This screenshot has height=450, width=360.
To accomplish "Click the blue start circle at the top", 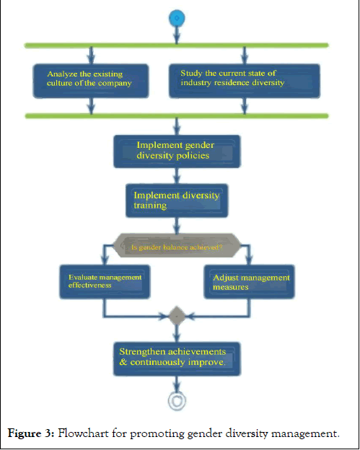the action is pos(177,18).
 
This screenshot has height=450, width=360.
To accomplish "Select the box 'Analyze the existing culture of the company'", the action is pos(91,81).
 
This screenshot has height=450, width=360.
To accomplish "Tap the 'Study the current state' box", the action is pos(245,81).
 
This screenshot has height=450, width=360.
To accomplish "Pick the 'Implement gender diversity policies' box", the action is pos(177,151).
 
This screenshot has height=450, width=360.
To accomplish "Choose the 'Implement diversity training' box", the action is pos(177,200).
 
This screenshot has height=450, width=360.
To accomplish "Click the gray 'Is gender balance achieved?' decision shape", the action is pos(177,245).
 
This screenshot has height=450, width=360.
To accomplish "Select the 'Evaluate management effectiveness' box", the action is pos(105,282).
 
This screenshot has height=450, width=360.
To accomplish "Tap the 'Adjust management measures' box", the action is pos(250,282).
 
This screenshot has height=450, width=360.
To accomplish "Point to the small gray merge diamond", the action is pos(177,316).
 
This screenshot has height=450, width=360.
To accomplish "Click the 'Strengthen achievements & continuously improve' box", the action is pos(177,358).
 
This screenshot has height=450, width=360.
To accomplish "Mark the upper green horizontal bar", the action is pos(177,45).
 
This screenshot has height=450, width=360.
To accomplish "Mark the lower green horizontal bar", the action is pos(177,116).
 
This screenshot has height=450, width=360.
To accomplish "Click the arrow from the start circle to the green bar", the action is pos(177,35).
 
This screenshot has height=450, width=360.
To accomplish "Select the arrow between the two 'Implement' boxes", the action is pos(177,176).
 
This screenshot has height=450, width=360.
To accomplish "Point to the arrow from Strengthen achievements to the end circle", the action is pos(177,384).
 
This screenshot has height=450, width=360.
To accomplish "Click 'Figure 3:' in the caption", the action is pos(31,433).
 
